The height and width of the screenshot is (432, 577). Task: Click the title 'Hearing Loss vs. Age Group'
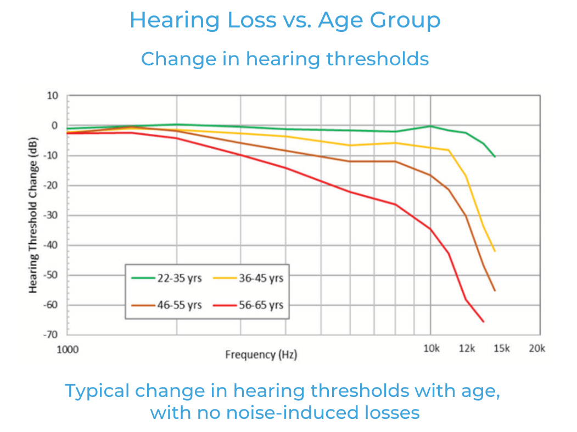285,20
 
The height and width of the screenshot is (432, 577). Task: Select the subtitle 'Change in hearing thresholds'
285,58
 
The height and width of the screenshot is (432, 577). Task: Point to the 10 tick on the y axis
52,96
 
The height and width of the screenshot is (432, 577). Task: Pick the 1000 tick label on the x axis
68,349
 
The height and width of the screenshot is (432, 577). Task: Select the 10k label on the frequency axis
431,349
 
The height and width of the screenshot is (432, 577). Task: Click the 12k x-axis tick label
467,349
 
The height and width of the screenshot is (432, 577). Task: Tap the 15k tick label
500,349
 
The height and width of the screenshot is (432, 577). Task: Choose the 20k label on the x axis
536,349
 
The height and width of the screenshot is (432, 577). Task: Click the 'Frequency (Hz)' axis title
261,355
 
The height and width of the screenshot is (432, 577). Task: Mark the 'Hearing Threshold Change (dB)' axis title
33,215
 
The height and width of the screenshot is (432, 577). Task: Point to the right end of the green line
495,156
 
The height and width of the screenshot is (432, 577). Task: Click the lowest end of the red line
484,322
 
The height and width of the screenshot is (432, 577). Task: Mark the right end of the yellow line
495,251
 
